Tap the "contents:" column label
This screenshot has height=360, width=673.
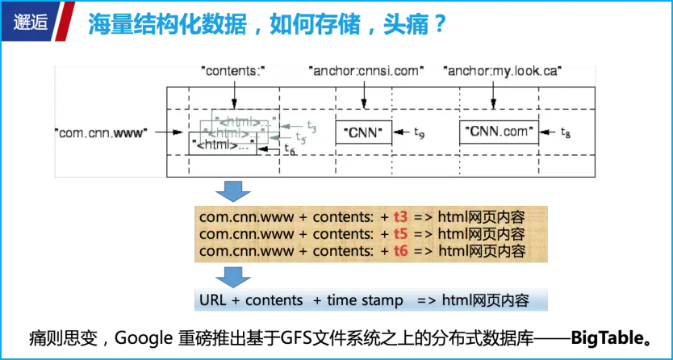[x=232, y=71]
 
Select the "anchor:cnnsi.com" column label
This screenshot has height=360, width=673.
[x=366, y=71]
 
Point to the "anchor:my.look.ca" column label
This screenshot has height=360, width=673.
[x=503, y=71]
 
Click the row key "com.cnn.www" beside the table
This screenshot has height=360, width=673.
[x=101, y=132]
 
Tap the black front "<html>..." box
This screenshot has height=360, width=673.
[x=223, y=144]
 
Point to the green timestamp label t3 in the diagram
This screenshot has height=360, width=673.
[x=311, y=128]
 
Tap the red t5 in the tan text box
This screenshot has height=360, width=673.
[x=401, y=235]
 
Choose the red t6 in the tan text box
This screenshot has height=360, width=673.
[x=401, y=251]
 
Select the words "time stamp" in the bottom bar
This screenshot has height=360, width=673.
[x=365, y=300]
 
